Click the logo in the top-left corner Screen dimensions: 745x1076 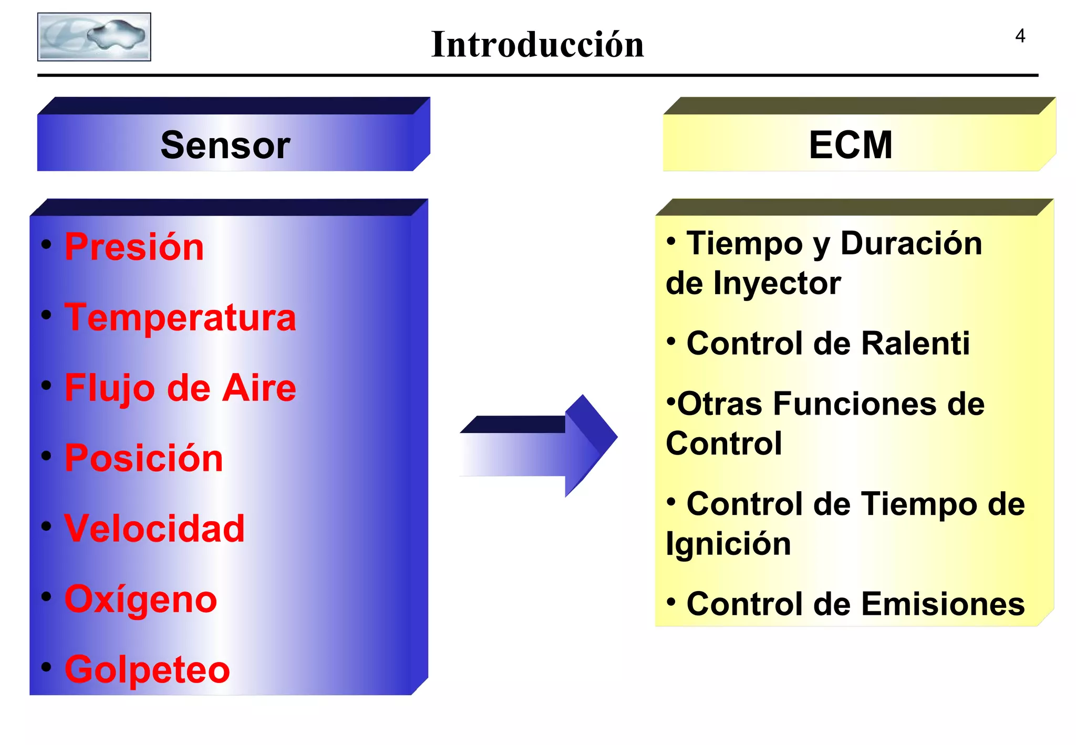pyautogui.click(x=94, y=37)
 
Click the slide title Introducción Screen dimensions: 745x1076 pyautogui.click(x=537, y=44)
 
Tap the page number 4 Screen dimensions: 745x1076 pyautogui.click(x=1020, y=36)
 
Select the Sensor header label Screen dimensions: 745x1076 pyautogui.click(x=225, y=145)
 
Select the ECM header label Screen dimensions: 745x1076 pyautogui.click(x=850, y=145)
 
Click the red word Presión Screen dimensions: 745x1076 pyautogui.click(x=134, y=247)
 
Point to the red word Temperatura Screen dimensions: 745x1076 pyautogui.click(x=180, y=317)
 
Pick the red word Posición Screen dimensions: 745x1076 pyautogui.click(x=143, y=458)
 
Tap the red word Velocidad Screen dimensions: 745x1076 pyautogui.click(x=154, y=528)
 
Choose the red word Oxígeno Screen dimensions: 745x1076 pyautogui.click(x=141, y=599)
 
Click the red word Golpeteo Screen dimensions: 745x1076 pyautogui.click(x=147, y=669)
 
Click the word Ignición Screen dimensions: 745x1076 pyautogui.click(x=728, y=544)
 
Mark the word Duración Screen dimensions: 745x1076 pyautogui.click(x=911, y=244)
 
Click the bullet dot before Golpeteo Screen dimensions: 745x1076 pyautogui.click(x=47, y=667)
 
